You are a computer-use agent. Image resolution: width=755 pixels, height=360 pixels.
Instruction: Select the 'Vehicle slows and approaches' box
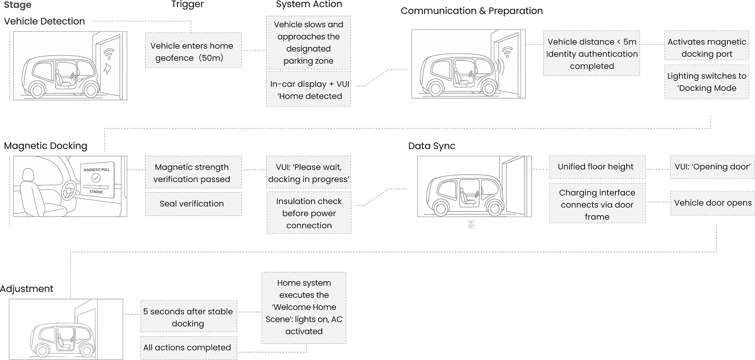(x=308, y=42)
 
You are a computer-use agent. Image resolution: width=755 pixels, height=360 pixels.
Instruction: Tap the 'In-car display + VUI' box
(x=308, y=90)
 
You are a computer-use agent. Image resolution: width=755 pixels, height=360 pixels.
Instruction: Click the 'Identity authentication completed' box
(x=591, y=53)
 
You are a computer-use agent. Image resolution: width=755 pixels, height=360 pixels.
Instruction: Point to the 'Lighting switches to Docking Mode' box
(x=706, y=82)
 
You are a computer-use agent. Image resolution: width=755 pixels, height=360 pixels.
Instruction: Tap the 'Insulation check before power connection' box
(x=309, y=213)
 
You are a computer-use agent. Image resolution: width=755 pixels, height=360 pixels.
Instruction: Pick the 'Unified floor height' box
(x=597, y=167)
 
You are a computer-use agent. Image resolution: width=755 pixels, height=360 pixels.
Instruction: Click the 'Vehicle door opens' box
(x=712, y=203)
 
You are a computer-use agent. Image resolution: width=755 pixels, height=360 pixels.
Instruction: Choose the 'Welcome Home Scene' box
(x=304, y=308)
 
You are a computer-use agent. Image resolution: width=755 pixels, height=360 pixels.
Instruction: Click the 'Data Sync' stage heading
(x=432, y=146)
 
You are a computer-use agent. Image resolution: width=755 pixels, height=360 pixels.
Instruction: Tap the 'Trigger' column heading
(x=187, y=4)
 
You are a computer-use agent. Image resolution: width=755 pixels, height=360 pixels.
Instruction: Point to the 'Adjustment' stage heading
(x=27, y=289)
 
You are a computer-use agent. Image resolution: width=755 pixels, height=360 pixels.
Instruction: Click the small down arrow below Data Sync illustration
(x=471, y=224)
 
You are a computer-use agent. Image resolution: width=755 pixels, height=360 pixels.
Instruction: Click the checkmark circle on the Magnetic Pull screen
(x=96, y=178)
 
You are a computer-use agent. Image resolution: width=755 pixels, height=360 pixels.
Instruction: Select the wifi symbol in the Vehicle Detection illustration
(x=109, y=54)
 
